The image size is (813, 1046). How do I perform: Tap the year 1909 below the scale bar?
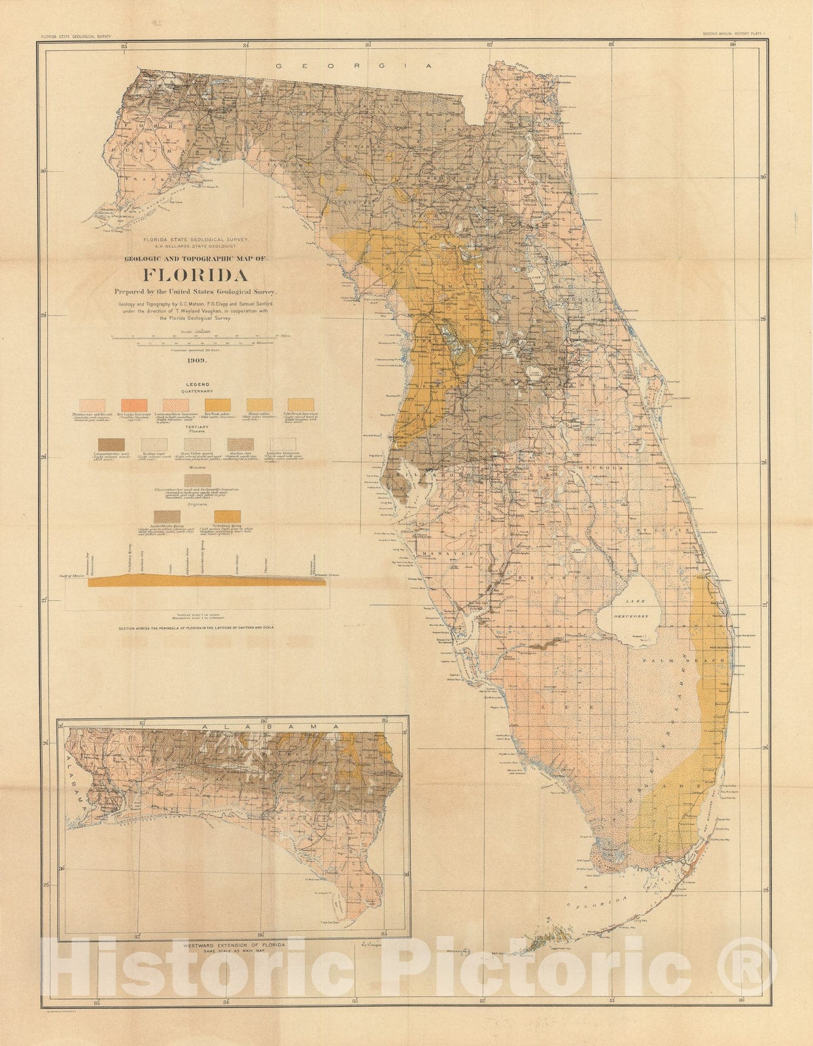point(196,361)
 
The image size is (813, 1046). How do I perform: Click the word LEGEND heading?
point(197,384)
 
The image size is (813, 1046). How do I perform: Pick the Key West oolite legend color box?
point(217,405)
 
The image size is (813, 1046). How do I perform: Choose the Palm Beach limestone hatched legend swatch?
point(301,405)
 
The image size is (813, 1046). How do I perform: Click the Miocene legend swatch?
point(197,481)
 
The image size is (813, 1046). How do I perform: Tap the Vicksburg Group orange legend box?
point(228,517)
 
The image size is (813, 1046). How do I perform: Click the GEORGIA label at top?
point(354,66)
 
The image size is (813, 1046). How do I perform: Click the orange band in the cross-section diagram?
point(196,581)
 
